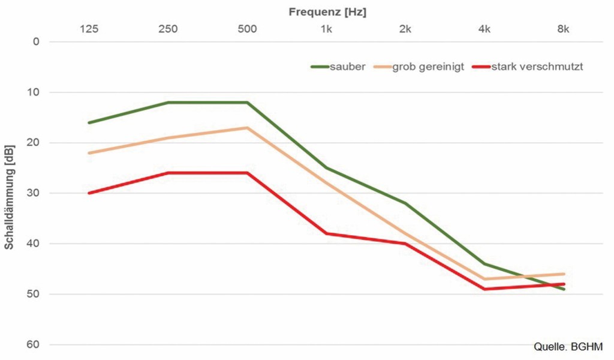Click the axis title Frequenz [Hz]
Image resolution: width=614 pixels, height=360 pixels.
[x=327, y=12]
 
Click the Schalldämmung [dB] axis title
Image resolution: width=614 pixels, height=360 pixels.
[x=10, y=197]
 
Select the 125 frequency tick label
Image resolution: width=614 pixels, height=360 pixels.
[x=89, y=29]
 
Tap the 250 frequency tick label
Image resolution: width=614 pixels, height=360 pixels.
[x=168, y=29]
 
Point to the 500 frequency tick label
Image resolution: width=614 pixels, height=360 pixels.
[x=247, y=29]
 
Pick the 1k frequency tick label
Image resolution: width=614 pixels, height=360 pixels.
[x=326, y=29]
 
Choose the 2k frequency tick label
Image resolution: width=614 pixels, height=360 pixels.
[x=405, y=29]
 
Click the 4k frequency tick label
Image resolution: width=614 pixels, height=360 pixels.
[x=484, y=29]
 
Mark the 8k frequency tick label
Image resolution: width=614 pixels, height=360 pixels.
[x=564, y=29]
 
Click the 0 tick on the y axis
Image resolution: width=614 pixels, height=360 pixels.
[x=36, y=41]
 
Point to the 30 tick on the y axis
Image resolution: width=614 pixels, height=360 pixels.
[x=34, y=193]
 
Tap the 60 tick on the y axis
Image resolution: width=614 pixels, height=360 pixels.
[x=34, y=344]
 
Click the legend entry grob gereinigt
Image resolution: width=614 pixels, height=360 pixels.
[x=419, y=66]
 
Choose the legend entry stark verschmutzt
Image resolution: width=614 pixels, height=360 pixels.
[x=528, y=66]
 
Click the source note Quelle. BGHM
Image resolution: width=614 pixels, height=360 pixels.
[x=568, y=347]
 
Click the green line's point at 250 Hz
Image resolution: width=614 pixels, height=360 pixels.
[x=168, y=103]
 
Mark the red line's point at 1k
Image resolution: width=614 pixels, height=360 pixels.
[x=326, y=233]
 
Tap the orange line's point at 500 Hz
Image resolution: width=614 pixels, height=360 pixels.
[x=247, y=128]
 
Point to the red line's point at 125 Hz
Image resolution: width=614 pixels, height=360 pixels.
[x=89, y=193]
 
